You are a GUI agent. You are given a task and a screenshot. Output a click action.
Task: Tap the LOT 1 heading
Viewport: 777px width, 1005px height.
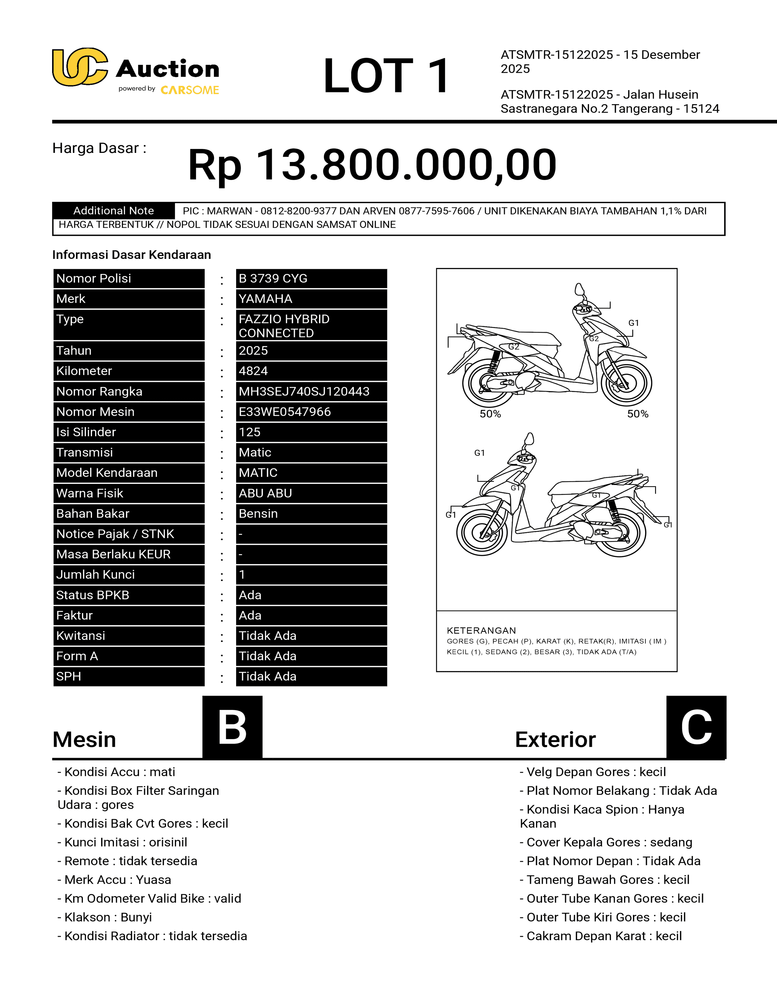(386, 76)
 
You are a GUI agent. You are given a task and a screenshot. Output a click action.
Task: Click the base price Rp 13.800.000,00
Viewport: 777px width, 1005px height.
(372, 165)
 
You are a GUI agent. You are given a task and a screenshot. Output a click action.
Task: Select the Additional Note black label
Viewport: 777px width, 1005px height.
(113, 211)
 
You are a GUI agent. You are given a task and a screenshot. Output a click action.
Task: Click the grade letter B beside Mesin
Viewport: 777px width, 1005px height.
(232, 727)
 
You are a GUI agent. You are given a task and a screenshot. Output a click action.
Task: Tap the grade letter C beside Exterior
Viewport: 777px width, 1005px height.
(696, 727)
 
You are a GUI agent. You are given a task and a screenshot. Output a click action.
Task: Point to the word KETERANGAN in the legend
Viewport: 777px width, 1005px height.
(481, 630)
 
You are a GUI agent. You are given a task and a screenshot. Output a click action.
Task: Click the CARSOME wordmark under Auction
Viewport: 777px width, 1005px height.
(190, 90)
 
